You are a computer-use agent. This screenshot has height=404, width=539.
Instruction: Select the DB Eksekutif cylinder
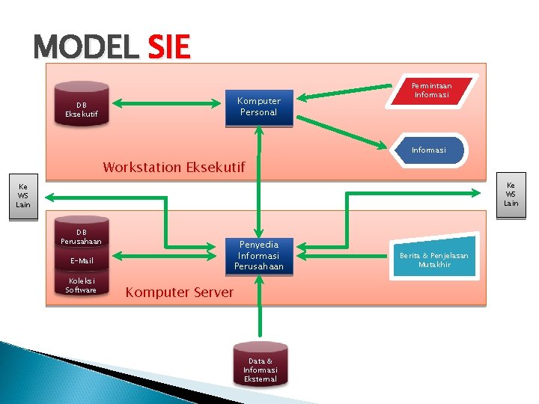tap(82, 110)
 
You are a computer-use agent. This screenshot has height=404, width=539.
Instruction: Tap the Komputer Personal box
tap(258, 107)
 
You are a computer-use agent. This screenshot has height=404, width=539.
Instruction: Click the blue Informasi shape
tap(429, 150)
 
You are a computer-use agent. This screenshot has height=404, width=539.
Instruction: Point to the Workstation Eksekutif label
tap(174, 167)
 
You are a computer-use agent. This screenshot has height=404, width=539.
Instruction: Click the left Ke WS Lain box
tap(23, 196)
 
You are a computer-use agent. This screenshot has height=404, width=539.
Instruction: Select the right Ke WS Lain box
tap(511, 194)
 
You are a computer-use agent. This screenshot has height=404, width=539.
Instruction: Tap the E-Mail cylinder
tap(81, 260)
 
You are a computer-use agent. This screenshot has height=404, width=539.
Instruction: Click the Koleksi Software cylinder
tap(81, 285)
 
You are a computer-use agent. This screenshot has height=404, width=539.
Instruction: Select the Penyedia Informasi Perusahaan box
tap(258, 256)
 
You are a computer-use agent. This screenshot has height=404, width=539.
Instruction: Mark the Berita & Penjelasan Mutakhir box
tap(433, 260)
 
